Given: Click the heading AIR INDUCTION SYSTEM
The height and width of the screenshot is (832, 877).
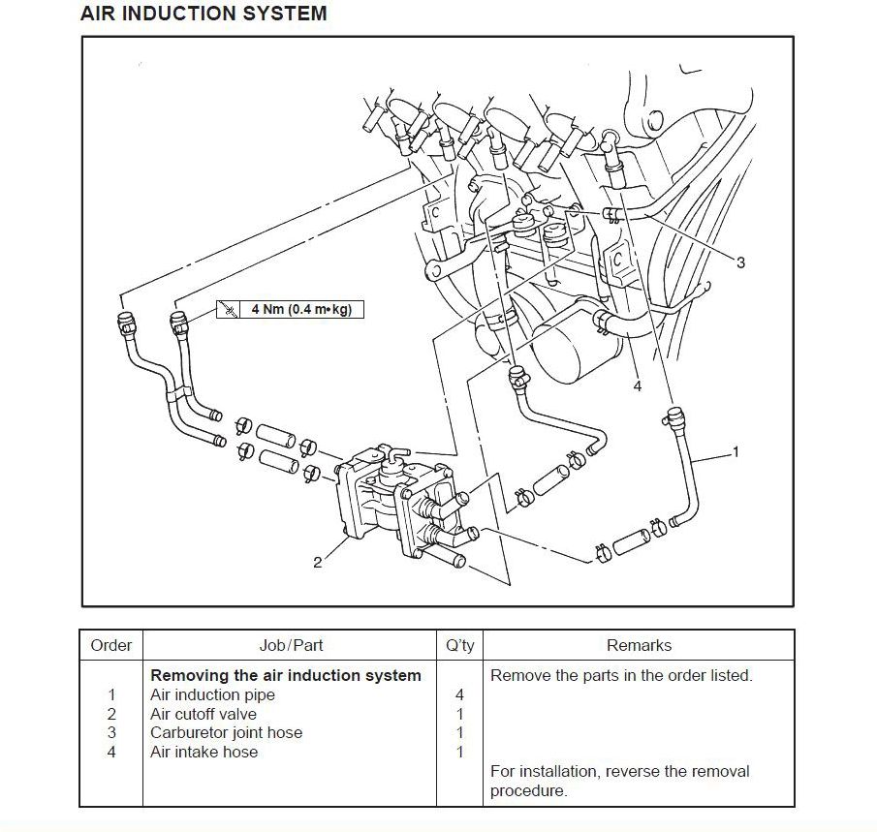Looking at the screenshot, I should [x=203, y=14].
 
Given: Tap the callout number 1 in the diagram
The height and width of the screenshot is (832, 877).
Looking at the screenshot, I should [x=736, y=451].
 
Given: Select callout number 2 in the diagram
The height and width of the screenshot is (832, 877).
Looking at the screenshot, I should [x=317, y=563].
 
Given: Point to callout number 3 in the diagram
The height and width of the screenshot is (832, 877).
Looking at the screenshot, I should [x=740, y=262].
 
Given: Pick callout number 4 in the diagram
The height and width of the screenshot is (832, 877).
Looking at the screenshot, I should [x=637, y=386].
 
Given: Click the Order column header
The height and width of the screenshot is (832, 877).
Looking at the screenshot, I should [x=110, y=645].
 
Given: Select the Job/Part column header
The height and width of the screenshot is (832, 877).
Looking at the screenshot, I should [x=291, y=645].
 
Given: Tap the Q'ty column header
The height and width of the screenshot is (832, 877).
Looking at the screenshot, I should [x=459, y=645].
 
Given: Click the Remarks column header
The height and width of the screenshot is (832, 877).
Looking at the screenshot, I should [x=639, y=645].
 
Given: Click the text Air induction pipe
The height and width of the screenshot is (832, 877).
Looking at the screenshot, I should [x=212, y=694].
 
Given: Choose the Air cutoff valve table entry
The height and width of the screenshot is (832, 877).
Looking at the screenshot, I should [x=203, y=714].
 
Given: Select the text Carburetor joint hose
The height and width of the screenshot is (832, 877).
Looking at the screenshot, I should [x=226, y=732].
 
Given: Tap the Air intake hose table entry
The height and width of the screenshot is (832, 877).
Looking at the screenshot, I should [x=204, y=752].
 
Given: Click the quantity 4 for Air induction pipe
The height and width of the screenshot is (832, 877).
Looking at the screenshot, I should [x=459, y=694].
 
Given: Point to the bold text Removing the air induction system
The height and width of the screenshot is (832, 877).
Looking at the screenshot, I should [x=285, y=675].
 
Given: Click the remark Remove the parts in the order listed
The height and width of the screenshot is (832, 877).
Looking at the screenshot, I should [x=621, y=675].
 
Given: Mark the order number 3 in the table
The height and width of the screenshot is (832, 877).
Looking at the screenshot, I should [x=111, y=732].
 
